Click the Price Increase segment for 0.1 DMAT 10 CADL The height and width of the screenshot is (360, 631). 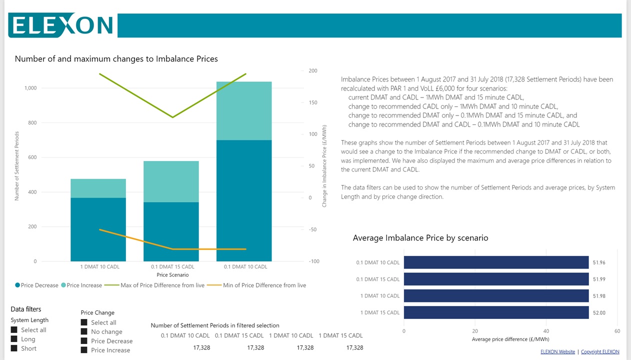tap(244, 110)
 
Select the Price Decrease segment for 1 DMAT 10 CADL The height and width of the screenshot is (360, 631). tap(98, 229)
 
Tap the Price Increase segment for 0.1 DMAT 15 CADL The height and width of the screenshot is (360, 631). tap(171, 181)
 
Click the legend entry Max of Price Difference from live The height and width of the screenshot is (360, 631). tap(162, 285)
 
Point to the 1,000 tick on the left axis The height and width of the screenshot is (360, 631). tap(30, 88)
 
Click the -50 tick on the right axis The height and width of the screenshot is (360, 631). tap(312, 229)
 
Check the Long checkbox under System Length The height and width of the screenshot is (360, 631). tap(14, 339)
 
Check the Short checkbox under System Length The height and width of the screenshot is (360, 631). tap(14, 348)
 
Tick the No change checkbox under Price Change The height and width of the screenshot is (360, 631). tap(84, 331)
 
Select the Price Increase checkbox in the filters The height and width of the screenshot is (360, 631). tap(84, 350)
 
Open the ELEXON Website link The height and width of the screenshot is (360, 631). tap(557, 352)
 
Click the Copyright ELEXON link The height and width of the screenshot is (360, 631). tap(599, 352)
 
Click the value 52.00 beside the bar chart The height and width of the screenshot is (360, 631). tap(598, 312)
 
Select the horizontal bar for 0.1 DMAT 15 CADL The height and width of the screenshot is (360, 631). tap(496, 279)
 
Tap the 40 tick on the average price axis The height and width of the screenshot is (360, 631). tap(546, 331)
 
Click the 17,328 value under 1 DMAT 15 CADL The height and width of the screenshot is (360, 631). tap(354, 347)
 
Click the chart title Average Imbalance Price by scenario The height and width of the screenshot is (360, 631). tap(420, 238)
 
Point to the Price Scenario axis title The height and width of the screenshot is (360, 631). tap(172, 275)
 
